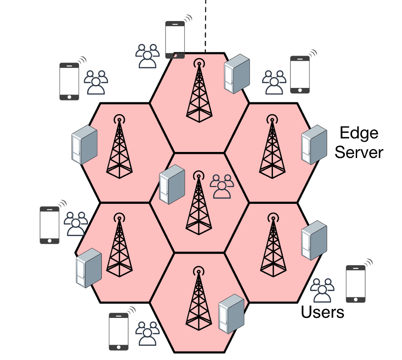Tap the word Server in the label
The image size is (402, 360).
359,152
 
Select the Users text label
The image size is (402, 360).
322,312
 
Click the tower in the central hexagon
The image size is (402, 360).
199,202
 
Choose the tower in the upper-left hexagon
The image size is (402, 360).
120,146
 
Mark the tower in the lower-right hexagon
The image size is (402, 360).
273,245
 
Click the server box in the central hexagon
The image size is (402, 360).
172,184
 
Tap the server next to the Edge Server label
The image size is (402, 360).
314,144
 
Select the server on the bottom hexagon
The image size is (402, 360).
231,314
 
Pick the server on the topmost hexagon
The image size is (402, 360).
237,73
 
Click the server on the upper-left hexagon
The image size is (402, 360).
84,144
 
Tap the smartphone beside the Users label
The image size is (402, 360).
356,284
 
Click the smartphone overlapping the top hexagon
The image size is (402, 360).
175,40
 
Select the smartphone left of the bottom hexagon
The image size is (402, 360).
118,331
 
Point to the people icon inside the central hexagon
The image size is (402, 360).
222,187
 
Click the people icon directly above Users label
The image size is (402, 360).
322,290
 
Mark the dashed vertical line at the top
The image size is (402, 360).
206,26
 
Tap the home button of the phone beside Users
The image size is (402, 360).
356,300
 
